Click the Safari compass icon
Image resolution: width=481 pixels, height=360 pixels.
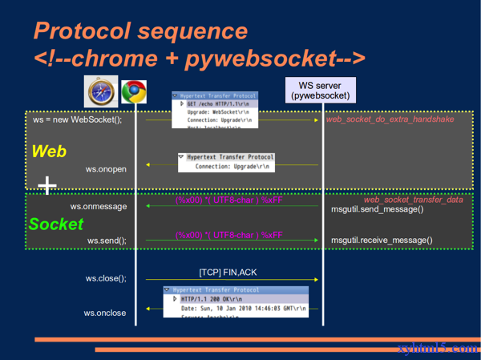point(101,93)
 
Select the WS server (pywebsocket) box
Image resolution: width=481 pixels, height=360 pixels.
point(321,91)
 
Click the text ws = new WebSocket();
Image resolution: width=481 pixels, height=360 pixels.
point(78,119)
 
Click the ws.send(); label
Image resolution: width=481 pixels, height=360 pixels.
point(107,240)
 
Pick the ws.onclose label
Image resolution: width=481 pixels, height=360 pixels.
point(105,313)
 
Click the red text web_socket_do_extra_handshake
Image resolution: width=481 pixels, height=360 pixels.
point(390,119)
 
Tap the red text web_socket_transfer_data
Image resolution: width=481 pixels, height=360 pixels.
point(413,199)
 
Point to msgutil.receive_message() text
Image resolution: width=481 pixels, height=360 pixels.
point(382,239)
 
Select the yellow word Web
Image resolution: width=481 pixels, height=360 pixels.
point(49,152)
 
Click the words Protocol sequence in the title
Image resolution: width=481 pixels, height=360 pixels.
point(141,31)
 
